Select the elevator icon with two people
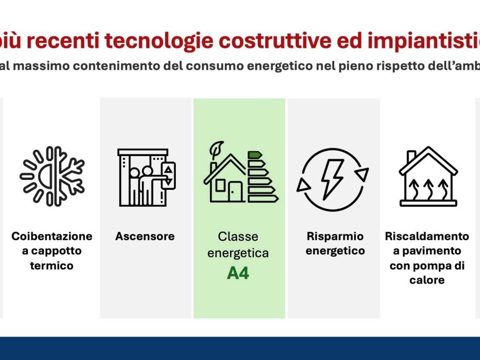pos(146,177)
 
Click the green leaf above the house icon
pos(217,149)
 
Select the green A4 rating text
pos(238,273)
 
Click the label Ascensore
pos(145,236)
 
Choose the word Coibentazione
pos(52,236)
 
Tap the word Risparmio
pos(335,236)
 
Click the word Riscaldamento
pos(427,236)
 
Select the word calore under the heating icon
pos(427,280)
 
